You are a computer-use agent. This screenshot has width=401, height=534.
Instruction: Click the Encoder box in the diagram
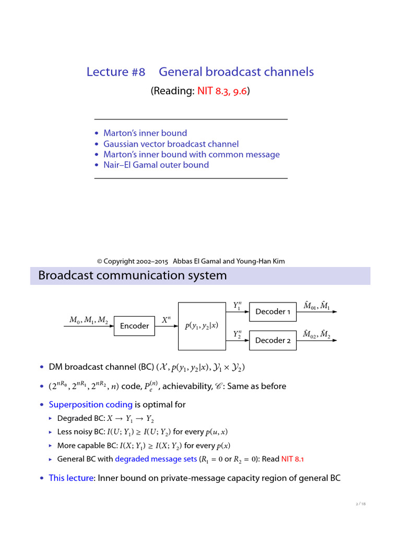coord(134,326)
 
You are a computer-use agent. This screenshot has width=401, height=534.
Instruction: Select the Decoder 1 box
coord(273,312)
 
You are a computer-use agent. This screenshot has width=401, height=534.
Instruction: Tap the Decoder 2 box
coord(273,341)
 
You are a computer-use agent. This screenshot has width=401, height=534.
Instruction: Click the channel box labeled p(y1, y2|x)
coord(202,326)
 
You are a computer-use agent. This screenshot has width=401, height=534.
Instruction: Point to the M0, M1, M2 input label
coord(89,320)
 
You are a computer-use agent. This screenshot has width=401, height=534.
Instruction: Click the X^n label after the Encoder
coord(166,320)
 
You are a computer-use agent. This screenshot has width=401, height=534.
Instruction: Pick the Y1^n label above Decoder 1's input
coord(238,305)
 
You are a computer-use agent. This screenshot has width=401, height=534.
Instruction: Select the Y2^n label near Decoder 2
coord(238,334)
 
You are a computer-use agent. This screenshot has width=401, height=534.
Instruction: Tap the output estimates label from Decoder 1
coord(316,305)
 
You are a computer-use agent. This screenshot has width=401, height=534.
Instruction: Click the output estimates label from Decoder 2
coord(316,334)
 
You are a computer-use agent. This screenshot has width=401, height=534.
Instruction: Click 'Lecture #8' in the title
coord(116,72)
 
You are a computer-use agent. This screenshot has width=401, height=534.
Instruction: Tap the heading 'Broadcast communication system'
coord(133,275)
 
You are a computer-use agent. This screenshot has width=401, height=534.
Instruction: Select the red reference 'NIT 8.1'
coord(292,459)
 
